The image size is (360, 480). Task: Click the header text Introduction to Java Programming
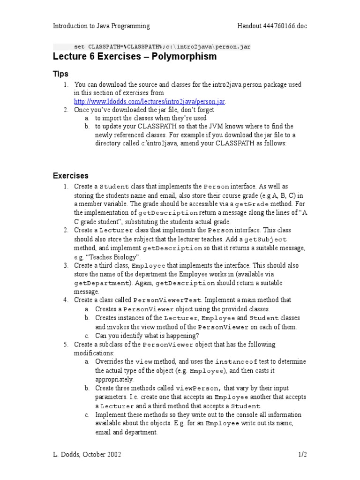pyautogui.click(x=101, y=26)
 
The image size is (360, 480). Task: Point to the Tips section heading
pyautogui.click(x=60, y=74)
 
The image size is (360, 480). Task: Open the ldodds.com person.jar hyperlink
pyautogui.click(x=150, y=102)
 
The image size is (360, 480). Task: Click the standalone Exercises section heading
pyautogui.click(x=70, y=176)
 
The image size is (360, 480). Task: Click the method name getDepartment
pyautogui.click(x=100, y=284)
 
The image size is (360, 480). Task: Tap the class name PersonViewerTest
pyautogui.click(x=167, y=300)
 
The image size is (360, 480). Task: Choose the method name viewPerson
pyautogui.click(x=197, y=389)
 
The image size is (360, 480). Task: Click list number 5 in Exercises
pyautogui.click(x=66, y=345)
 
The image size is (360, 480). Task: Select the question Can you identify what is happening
pyautogui.click(x=147, y=336)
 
